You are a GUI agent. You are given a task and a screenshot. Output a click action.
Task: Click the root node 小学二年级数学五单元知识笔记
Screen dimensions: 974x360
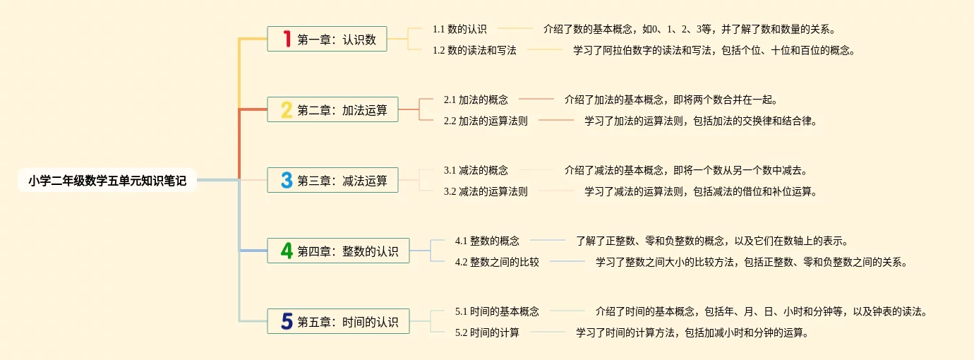coord(107,181)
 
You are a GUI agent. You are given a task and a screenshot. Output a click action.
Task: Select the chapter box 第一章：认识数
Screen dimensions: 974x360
coord(327,40)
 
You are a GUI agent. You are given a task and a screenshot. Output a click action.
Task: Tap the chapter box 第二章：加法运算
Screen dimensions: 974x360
coord(332,110)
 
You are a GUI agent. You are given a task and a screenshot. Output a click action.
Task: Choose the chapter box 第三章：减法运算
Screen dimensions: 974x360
coord(332,181)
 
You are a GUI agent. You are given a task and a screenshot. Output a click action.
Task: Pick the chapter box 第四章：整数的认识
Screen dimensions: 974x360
coord(338,251)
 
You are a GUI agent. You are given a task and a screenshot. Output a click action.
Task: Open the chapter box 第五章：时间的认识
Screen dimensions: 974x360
coord(338,322)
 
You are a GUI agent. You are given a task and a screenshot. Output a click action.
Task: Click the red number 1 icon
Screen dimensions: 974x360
coord(287,40)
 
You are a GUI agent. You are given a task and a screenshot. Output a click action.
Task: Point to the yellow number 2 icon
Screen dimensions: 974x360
coord(287,110)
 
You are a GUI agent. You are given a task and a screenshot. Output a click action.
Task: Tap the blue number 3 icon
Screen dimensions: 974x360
coord(287,181)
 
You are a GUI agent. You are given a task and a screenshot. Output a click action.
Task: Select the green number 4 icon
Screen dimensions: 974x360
coord(287,251)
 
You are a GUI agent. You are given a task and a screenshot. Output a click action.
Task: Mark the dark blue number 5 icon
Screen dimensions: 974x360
coord(287,322)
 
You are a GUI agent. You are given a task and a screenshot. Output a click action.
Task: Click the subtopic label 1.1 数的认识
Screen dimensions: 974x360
coord(459,29)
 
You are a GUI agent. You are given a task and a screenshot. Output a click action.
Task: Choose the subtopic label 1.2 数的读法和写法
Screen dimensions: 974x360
coord(474,50)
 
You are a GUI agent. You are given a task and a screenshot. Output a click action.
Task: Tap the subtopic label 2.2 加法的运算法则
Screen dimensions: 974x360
coord(486,121)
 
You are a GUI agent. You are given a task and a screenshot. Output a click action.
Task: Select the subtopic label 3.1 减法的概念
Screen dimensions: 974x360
coord(476,170)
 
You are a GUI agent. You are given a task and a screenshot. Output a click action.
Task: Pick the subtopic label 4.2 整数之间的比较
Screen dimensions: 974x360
coord(497,262)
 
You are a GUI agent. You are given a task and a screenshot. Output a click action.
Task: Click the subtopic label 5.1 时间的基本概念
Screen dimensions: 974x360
coord(497,311)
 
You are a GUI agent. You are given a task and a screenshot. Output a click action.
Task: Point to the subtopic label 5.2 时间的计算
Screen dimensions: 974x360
coord(487,332)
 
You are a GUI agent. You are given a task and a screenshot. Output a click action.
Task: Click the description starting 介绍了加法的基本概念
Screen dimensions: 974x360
coord(671,100)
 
